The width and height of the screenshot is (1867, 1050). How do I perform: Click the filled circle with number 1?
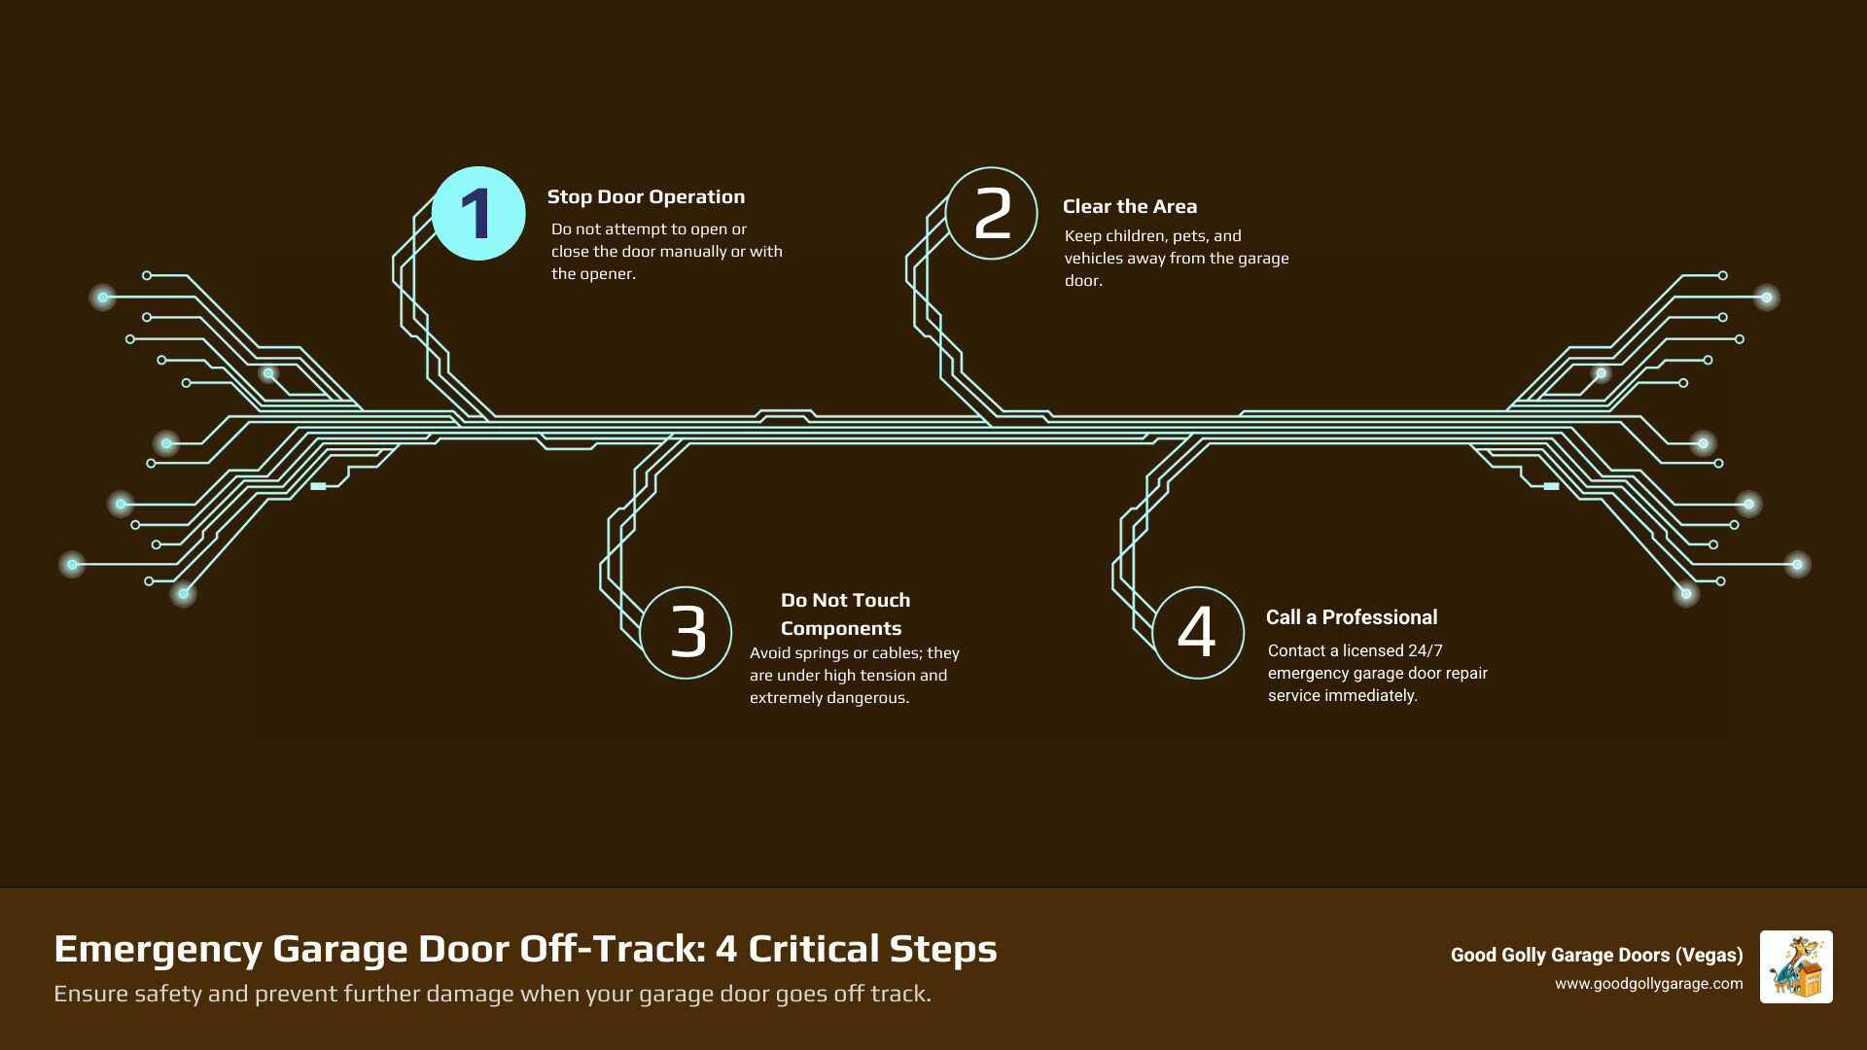coord(478,214)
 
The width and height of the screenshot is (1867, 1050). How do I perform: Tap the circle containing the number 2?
coord(992,214)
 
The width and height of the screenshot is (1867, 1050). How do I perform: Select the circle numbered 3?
coord(687,633)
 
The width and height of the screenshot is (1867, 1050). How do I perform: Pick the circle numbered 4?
coord(1198,633)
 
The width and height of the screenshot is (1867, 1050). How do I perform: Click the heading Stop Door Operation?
coord(646,196)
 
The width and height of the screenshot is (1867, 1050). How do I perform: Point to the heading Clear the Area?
coord(1130,206)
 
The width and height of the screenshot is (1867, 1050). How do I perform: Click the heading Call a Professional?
coord(1352,617)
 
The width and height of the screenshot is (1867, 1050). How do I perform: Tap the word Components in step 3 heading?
coord(841,628)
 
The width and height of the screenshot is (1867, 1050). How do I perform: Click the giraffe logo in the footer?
coord(1796,966)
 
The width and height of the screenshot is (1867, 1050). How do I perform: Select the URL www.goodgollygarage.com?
coord(1648,984)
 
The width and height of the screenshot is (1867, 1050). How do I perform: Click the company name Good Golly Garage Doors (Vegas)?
coord(1596,955)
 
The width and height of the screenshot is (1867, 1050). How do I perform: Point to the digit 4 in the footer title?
coord(726,949)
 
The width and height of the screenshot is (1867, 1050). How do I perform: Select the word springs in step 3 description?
coord(821,652)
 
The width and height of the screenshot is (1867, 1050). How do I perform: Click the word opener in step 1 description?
coord(608,273)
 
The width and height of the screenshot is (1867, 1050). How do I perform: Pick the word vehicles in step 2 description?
coord(1097,258)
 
